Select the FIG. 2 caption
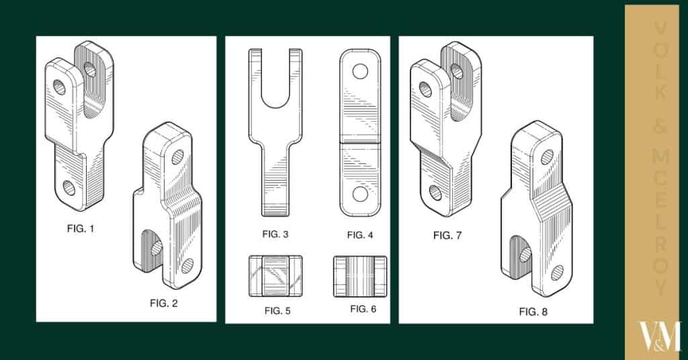tap(163, 304)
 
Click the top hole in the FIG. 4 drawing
tap(361, 70)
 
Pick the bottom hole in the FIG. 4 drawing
tap(361, 195)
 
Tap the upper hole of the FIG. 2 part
tap(177, 157)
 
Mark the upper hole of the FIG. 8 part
tap(547, 157)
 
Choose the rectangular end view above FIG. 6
tap(360, 276)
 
